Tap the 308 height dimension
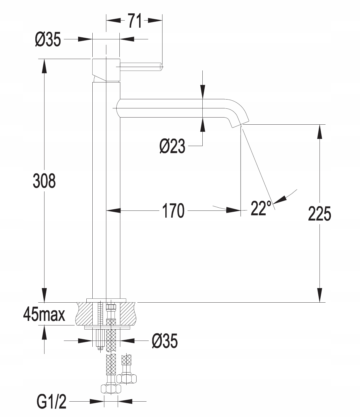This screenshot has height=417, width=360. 44,181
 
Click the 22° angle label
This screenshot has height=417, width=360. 261,208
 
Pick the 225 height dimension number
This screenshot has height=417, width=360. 320,214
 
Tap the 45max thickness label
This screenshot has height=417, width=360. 44,315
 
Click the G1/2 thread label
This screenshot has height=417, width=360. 52,402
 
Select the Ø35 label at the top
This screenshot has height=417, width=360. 48,39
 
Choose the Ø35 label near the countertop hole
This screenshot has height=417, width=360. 165,341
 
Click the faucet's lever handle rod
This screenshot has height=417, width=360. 141,67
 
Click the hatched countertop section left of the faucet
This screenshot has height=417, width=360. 85,313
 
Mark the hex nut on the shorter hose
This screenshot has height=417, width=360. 127,379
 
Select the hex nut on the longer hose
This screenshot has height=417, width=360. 111,389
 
